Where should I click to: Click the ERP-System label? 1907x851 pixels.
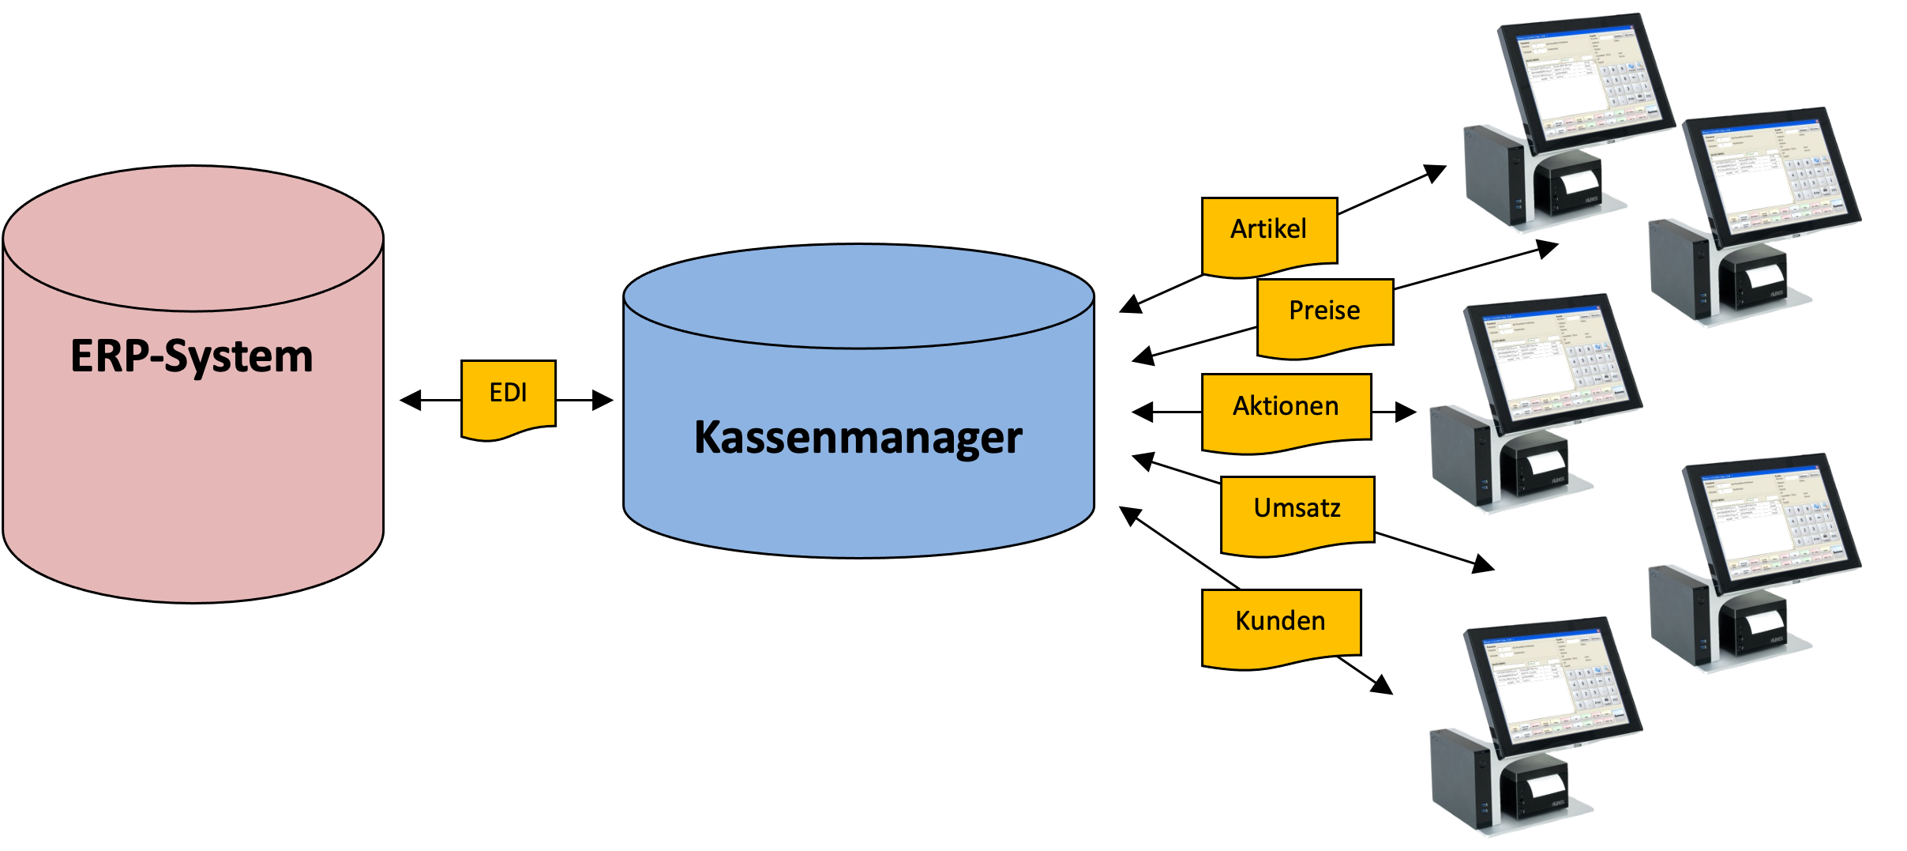point(192,356)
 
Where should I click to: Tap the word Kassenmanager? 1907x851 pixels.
point(858,437)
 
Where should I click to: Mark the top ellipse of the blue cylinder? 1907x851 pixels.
point(858,297)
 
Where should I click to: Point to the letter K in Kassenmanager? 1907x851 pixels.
point(710,437)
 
